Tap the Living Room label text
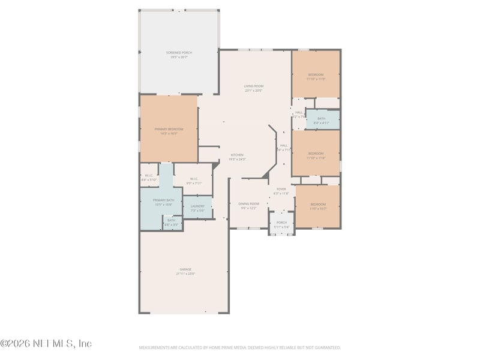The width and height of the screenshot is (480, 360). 253,86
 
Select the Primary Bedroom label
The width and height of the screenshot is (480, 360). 168,129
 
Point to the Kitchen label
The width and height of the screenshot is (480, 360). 237,155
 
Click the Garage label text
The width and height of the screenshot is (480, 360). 185,269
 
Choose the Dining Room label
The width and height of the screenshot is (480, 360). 248,204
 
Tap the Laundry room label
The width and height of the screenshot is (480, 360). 197,206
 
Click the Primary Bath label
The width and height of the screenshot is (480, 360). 163,200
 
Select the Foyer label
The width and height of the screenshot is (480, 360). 281,189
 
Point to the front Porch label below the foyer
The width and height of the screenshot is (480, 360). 281,223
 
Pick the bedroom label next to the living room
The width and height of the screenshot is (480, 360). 316,74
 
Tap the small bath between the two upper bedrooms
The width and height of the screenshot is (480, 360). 322,119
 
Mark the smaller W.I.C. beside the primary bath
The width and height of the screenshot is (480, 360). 149,176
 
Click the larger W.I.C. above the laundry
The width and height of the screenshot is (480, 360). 194,178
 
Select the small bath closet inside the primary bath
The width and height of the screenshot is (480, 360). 172,221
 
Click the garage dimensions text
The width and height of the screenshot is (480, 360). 185,274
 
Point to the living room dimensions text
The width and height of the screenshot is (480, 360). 253,91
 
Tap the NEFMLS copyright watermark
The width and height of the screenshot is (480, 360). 46,344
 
